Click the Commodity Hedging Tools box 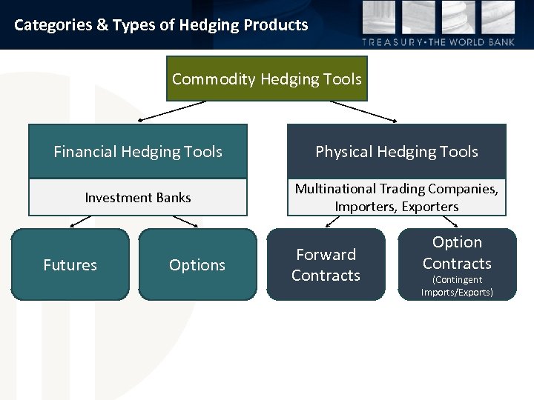tap(267, 79)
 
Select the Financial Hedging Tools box tap(138, 152)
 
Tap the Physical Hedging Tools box tap(397, 152)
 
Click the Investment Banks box tap(138, 198)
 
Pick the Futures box tap(70, 264)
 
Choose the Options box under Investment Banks tap(197, 264)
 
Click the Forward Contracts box tap(326, 264)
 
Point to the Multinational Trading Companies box tap(397, 197)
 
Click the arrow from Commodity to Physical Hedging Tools tap(363, 111)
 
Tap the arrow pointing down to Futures tap(81, 221)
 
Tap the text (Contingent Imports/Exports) tap(457, 286)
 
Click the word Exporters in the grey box tap(431, 207)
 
